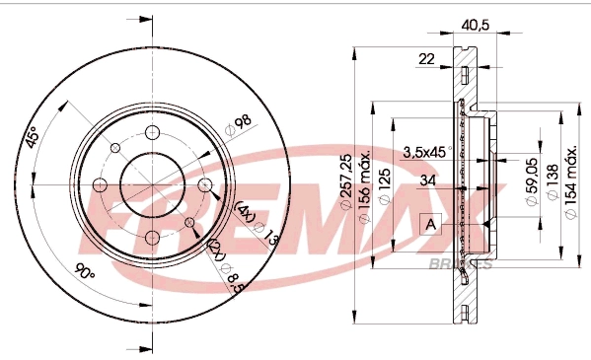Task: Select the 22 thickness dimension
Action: (426, 59)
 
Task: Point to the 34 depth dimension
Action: (426, 180)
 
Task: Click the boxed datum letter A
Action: (430, 224)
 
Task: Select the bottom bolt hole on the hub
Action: (152, 238)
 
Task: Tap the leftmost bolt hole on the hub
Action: (100, 184)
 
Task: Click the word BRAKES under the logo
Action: (461, 263)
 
